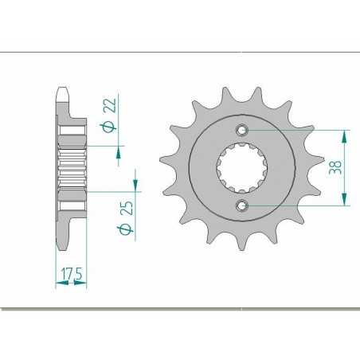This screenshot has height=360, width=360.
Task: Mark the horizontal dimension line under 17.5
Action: pos(70,285)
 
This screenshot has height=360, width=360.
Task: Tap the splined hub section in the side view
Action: pos(72,168)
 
